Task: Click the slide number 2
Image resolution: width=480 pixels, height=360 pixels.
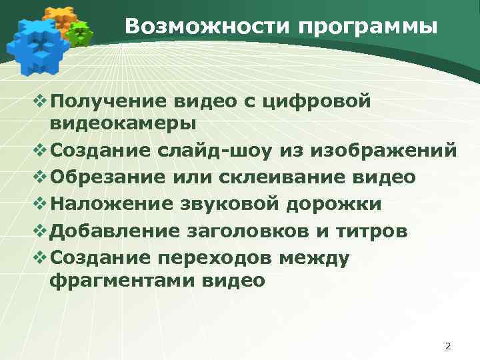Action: [x=447, y=346]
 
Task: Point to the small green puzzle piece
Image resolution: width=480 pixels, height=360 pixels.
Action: [x=80, y=34]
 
